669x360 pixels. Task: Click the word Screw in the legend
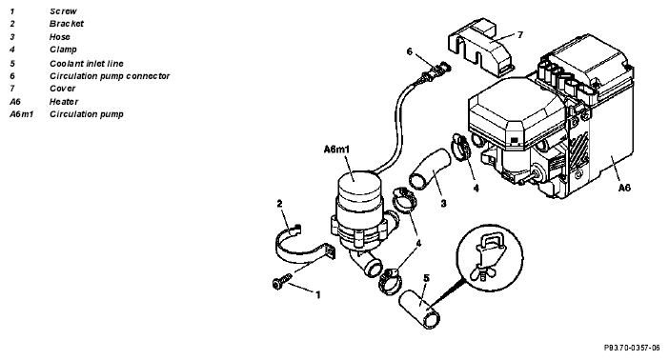click(x=63, y=11)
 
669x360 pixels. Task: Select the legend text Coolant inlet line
click(x=86, y=64)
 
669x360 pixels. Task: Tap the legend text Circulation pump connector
click(x=110, y=76)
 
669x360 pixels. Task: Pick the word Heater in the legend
click(x=64, y=102)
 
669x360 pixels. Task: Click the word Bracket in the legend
click(x=66, y=24)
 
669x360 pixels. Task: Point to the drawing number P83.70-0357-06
click(x=632, y=348)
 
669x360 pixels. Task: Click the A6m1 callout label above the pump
click(x=336, y=150)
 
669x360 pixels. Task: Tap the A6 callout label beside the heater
click(x=624, y=188)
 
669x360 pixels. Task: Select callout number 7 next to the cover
click(x=520, y=34)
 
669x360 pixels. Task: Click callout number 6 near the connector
click(x=410, y=51)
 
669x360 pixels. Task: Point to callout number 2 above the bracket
click(x=280, y=204)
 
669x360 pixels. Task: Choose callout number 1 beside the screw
click(x=318, y=294)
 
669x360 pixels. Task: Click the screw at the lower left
click(x=281, y=282)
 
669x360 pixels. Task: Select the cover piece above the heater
click(x=480, y=47)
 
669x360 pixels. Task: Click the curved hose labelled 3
click(x=430, y=169)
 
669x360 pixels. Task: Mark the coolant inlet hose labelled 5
click(x=420, y=310)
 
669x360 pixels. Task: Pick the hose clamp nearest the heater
click(x=461, y=148)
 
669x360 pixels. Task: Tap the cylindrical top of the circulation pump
click(x=356, y=184)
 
